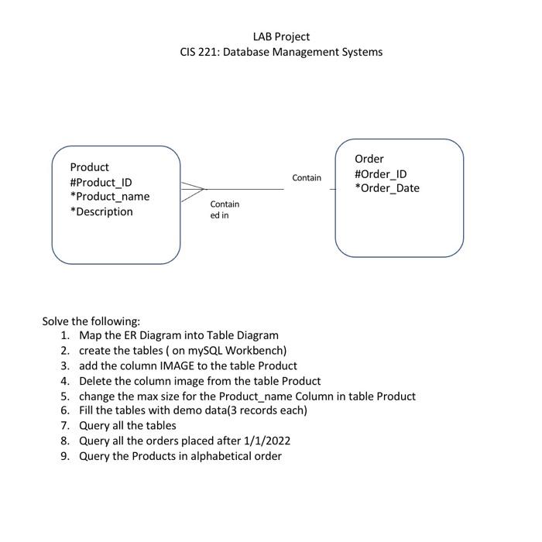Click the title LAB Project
tap(281, 36)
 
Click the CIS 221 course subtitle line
tap(281, 52)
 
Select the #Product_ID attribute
tap(101, 182)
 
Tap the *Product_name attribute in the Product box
tap(110, 197)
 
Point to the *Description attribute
tap(101, 211)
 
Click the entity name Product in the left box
tap(90, 167)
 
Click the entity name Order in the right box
tap(369, 159)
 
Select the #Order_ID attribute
tap(381, 173)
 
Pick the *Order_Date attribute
tap(387, 188)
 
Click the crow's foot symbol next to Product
tap(194, 189)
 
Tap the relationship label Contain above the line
tap(307, 178)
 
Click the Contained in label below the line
tap(225, 209)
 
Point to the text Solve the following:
tap(91, 321)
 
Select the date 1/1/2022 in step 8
tap(265, 441)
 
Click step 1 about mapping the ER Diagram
tap(178, 335)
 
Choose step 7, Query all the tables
tap(128, 426)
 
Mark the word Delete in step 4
tap(96, 381)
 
